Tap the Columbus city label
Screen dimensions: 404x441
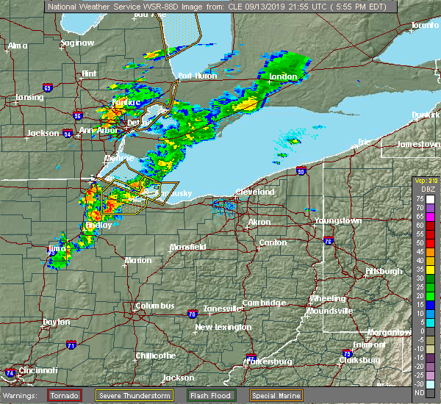click(154, 306)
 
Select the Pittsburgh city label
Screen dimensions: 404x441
click(383, 271)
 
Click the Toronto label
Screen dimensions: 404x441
click(424, 25)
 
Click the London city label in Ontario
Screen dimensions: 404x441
click(284, 76)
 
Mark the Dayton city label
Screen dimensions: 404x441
click(57, 322)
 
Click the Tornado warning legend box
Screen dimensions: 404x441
click(65, 394)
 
